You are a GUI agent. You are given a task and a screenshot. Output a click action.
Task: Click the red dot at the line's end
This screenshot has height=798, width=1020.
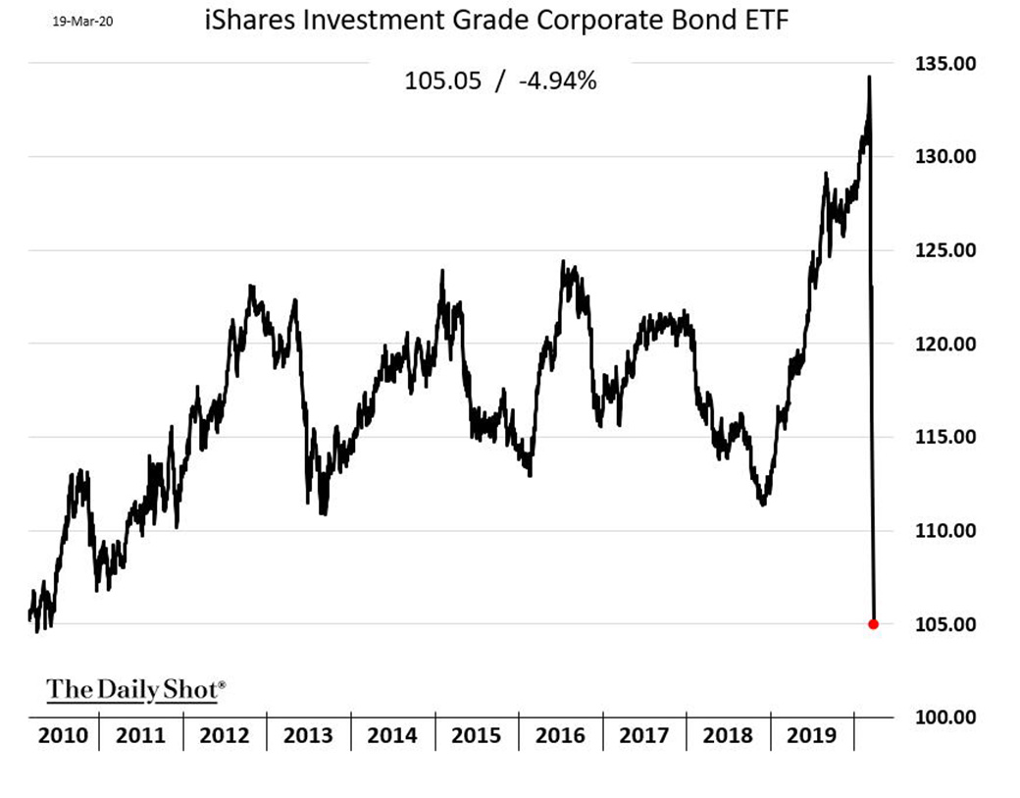pyautogui.click(x=874, y=624)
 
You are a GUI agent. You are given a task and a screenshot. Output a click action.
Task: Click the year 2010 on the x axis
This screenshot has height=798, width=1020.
pyautogui.click(x=61, y=736)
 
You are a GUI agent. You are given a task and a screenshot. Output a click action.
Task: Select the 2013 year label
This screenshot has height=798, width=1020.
pyautogui.click(x=308, y=736)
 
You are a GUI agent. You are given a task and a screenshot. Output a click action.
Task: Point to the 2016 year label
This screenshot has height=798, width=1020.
pyautogui.click(x=560, y=736)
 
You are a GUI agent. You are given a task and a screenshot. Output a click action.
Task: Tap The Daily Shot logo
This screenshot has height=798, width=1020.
pyautogui.click(x=135, y=689)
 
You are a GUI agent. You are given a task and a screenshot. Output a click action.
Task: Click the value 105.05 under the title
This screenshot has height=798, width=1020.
pyautogui.click(x=442, y=81)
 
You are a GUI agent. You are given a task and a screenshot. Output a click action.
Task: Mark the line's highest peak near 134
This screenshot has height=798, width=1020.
pyautogui.click(x=869, y=78)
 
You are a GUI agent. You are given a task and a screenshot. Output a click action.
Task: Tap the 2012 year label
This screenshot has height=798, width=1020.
pyautogui.click(x=225, y=736)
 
